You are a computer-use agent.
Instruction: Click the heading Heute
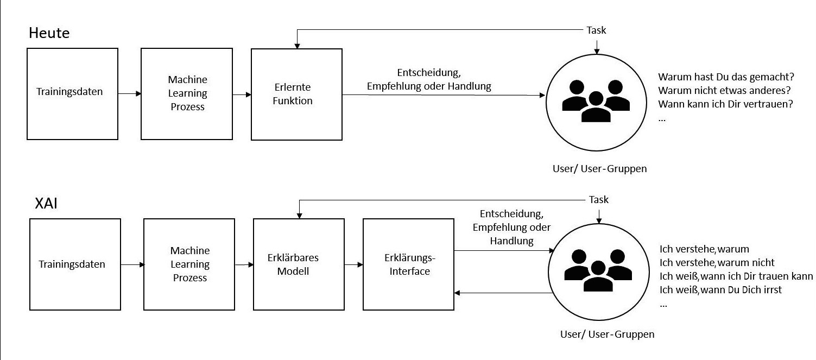coord(49,33)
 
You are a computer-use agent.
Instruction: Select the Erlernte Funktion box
coord(296,94)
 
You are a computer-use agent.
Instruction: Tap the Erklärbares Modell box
coord(299,264)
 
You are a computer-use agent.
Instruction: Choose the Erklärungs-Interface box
coord(408,264)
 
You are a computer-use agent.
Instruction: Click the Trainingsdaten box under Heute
coord(72,93)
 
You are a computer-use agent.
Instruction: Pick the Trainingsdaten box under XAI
coord(74,264)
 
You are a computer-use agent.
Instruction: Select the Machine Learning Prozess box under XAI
coord(190,264)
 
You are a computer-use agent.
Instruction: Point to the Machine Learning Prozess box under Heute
coord(187,93)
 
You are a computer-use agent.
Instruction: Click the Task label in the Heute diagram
coord(596,30)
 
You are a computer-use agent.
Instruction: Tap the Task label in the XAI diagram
coord(598,200)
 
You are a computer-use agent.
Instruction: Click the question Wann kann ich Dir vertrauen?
coord(725,104)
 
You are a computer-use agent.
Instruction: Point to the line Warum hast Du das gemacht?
coord(726,77)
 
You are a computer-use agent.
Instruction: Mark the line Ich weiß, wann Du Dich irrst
coord(720,289)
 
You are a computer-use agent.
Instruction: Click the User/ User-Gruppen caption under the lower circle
coord(607,334)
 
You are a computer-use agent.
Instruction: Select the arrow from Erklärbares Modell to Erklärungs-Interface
coord(353,264)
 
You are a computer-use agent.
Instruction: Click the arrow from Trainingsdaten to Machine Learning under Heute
coord(129,94)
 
